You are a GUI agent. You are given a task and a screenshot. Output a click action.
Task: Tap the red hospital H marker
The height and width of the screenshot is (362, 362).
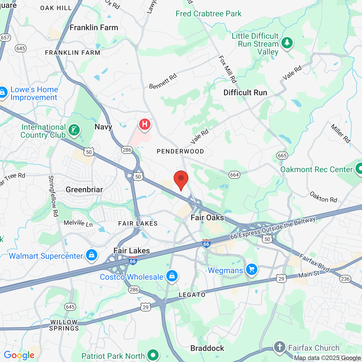pos(145,124)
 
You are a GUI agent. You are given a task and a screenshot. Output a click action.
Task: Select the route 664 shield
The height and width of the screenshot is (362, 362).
pos(234,175)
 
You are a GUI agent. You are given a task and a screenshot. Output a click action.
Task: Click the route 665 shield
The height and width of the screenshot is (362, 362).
pos(282,155)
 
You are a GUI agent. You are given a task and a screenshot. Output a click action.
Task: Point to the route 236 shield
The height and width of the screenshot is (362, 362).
pos(345,279)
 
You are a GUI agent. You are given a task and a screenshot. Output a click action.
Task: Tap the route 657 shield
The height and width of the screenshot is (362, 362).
pos(5,38)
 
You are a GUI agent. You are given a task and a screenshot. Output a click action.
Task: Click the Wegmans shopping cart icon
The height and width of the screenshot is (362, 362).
pos(251,270)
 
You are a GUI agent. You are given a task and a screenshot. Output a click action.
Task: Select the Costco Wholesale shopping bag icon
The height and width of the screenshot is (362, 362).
pos(172,276)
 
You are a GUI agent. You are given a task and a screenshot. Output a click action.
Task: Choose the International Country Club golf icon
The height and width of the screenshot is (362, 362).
pos(74,130)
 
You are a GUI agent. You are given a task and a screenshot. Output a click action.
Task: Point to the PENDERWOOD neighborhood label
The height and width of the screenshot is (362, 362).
pos(180,152)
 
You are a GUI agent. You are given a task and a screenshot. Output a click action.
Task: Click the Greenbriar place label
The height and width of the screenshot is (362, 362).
pos(84,189)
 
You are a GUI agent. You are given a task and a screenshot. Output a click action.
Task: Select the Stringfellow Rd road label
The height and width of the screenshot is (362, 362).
pos(53,196)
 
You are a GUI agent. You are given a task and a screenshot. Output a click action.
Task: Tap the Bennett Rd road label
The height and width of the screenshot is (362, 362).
pos(163,81)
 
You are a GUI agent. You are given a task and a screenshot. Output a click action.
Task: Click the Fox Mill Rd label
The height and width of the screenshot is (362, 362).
pos(228,69)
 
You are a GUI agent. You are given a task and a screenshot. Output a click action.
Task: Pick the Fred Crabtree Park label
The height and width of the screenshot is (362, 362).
pos(208,14)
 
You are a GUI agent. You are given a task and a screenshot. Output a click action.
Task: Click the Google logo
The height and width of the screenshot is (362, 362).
pos(19,355)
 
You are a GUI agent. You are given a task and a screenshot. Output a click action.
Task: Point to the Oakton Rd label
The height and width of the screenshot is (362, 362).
pos(324,197)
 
